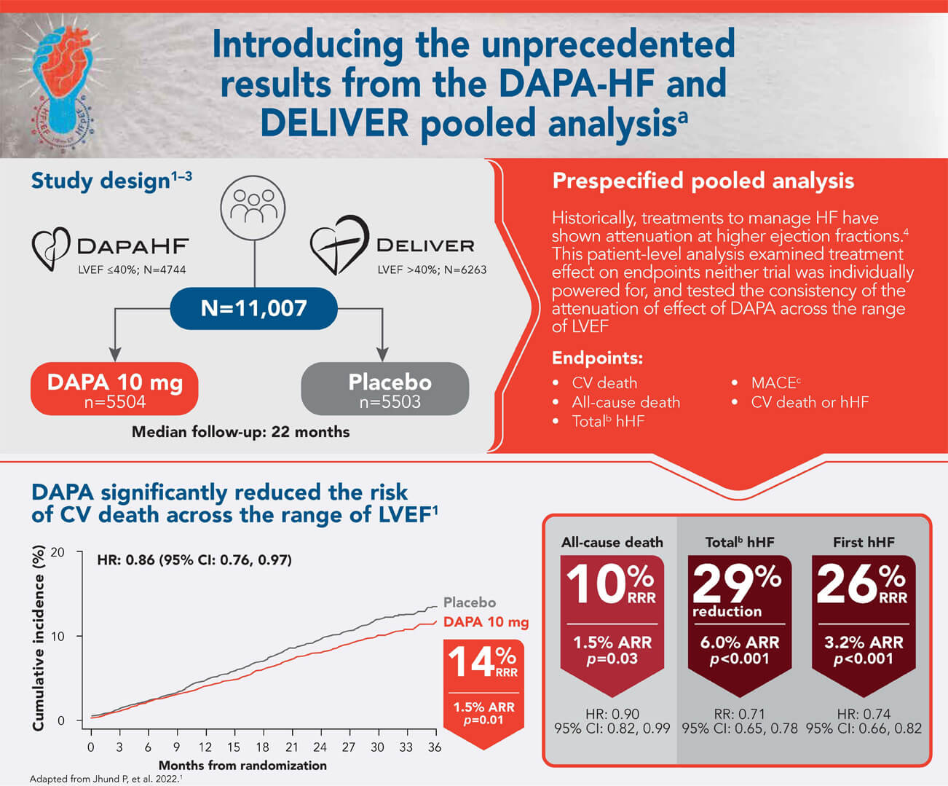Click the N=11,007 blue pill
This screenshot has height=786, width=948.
(x=254, y=308)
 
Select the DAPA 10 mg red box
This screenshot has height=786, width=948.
(x=114, y=389)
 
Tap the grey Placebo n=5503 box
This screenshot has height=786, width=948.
(x=385, y=389)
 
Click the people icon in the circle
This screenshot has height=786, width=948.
(x=253, y=208)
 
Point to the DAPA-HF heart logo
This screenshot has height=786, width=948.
(x=51, y=248)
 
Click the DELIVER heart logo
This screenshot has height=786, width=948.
(x=339, y=245)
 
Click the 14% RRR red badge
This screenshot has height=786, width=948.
(x=483, y=693)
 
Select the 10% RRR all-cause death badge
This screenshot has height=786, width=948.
(x=612, y=626)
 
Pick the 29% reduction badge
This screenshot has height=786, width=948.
(x=740, y=626)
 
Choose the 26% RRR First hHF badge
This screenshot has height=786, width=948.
(x=864, y=626)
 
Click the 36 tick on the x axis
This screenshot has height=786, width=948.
(x=435, y=747)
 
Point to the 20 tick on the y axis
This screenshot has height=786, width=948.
(x=58, y=552)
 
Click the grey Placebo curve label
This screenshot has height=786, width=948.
(x=470, y=602)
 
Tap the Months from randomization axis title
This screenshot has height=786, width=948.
(x=242, y=766)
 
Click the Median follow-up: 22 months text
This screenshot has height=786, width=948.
(x=240, y=432)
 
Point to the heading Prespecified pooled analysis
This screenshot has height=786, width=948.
(x=703, y=181)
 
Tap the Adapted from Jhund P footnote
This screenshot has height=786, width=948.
(x=106, y=779)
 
